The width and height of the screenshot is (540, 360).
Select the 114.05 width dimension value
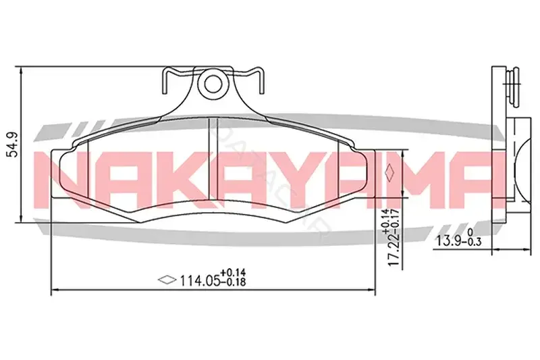coord(200,281)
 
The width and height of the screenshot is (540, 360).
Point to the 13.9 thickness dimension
coord(449,241)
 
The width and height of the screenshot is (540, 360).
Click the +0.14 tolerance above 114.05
coord(233,273)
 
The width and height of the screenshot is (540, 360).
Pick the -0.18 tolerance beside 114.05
coord(233,282)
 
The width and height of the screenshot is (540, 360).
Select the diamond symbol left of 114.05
coord(167,280)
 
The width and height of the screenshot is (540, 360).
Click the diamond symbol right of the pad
coord(390,172)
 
